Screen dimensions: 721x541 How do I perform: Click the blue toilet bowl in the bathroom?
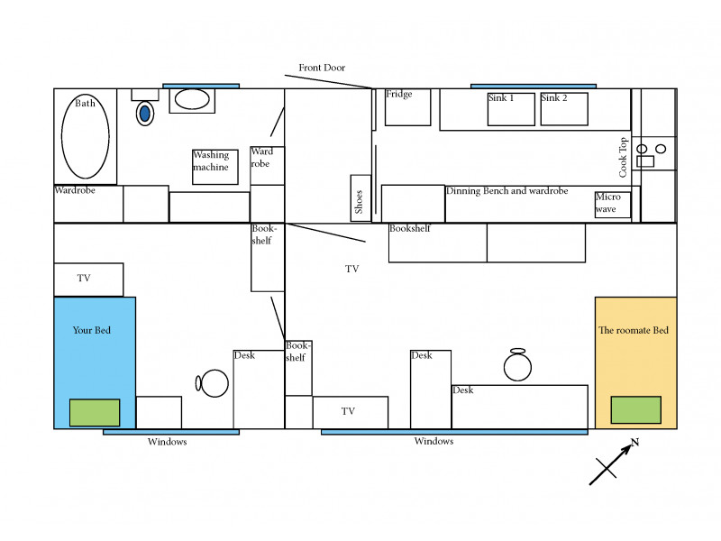145,114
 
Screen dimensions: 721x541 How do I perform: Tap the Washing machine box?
215,167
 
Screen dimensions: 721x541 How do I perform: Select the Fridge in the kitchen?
408,107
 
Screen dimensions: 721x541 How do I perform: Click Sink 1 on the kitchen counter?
511,109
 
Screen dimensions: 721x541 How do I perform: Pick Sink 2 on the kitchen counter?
564,109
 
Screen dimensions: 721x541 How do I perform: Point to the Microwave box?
613,205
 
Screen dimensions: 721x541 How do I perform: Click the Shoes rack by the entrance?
361,197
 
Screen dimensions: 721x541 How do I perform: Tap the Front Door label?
322,68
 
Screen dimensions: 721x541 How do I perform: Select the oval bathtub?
86,136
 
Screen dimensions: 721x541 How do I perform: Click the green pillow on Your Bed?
95,413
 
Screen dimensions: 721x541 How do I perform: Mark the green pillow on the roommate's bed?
636,410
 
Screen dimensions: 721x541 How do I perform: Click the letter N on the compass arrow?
635,442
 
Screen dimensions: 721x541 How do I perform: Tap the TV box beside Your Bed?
88,280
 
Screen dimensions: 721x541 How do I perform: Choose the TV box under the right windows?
351,413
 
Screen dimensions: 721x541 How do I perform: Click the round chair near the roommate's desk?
517,365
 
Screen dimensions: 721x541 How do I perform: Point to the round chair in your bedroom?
213,383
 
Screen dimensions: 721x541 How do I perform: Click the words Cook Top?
623,157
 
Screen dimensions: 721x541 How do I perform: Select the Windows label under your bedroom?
168,442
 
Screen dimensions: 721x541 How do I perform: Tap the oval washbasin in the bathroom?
192,99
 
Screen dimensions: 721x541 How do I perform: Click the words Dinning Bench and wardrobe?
507,191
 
